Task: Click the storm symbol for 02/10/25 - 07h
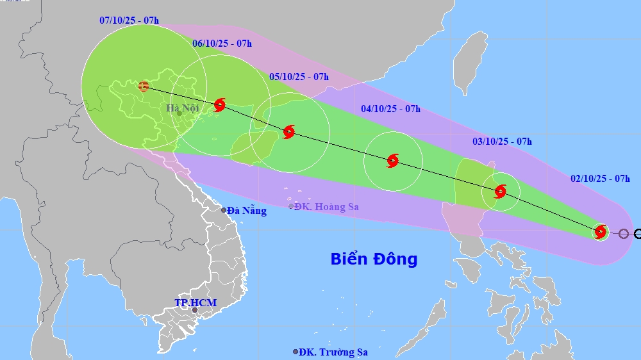point(601,231)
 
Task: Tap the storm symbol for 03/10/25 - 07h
point(500,191)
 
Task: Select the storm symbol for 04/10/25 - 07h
point(393,161)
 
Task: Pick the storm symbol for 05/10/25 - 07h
point(288,132)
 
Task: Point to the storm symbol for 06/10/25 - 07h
point(220,104)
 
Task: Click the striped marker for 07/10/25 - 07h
point(144,85)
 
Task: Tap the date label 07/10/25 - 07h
point(129,20)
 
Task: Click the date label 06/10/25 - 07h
point(222,44)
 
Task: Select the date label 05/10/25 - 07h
point(299,77)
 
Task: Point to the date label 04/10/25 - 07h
point(390,109)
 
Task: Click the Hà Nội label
point(183,108)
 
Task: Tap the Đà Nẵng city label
point(246,210)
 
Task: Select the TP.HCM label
point(196,302)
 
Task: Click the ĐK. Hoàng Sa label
point(326,206)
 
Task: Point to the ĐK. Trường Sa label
point(334,352)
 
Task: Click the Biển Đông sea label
point(374,259)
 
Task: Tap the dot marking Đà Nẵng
point(224,210)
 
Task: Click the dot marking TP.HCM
point(195,311)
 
